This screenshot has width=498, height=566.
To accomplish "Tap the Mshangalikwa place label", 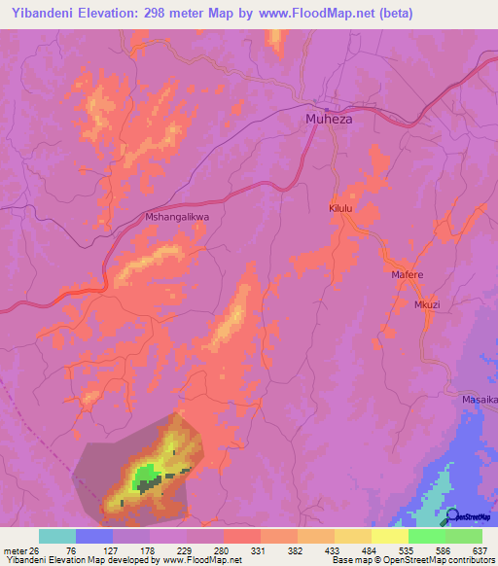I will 176,219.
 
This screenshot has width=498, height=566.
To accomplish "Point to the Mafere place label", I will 407,275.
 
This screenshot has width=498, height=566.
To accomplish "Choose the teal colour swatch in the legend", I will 57,536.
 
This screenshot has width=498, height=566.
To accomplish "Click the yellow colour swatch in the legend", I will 389,536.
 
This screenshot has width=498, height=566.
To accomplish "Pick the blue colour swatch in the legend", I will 94,536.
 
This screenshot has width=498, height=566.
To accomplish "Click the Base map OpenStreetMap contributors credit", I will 410,560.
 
